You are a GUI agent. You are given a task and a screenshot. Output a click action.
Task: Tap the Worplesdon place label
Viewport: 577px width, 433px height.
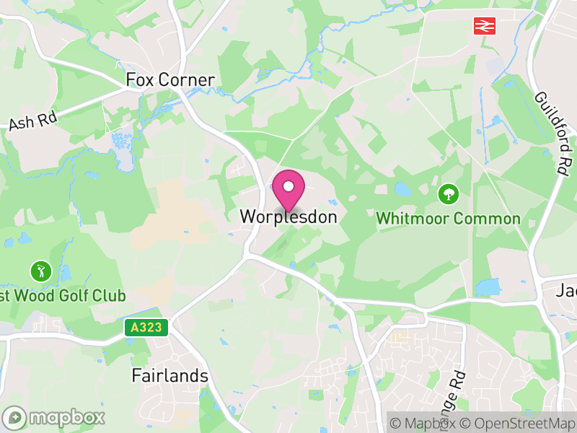pyautogui.click(x=288, y=216)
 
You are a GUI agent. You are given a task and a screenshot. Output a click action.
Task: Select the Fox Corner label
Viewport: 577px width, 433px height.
pyautogui.click(x=170, y=79)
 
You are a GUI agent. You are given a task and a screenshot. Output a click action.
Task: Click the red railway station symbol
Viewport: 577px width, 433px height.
pyautogui.click(x=483, y=26)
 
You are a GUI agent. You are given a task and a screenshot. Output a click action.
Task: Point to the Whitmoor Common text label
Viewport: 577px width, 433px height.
pyautogui.click(x=448, y=219)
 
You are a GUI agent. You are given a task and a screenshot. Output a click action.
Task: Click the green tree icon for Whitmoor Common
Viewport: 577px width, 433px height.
pyautogui.click(x=448, y=193)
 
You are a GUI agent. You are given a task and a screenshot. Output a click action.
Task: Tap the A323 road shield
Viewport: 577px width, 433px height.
pyautogui.click(x=146, y=328)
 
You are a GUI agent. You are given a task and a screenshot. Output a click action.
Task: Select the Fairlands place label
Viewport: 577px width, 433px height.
pyautogui.click(x=169, y=376)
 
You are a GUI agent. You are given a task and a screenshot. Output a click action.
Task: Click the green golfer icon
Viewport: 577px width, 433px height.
pyautogui.click(x=38, y=271)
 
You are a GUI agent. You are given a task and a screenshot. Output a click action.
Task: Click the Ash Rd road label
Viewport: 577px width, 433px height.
pyautogui.click(x=32, y=121)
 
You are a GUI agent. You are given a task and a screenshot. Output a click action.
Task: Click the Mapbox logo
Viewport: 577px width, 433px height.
pyautogui.click(x=54, y=417)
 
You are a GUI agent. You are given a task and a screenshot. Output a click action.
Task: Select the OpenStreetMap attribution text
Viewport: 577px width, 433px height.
pyautogui.click(x=518, y=424)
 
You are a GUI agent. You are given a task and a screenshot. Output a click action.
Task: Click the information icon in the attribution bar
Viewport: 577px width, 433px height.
pyautogui.click(x=395, y=424)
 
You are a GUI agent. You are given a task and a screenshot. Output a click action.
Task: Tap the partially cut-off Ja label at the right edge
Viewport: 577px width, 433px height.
pyautogui.click(x=567, y=291)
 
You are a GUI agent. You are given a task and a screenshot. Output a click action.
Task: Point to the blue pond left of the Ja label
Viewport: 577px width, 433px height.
pyautogui.click(x=488, y=287)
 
